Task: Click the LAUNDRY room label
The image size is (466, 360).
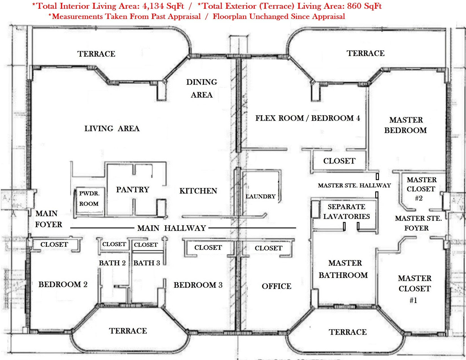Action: click(x=260, y=197)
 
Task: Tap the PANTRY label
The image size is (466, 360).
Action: click(x=133, y=189)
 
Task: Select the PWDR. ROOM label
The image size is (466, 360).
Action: click(x=89, y=198)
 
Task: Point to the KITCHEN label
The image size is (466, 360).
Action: click(x=198, y=191)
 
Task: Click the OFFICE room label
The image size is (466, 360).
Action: click(x=276, y=286)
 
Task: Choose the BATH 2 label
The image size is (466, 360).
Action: click(x=112, y=263)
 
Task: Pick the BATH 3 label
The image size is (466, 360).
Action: click(x=147, y=263)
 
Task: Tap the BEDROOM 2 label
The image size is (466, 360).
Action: click(x=63, y=284)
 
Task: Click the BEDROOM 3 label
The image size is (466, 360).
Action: click(x=198, y=285)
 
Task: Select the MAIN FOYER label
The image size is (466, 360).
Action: click(x=49, y=219)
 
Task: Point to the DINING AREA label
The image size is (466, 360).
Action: click(x=202, y=88)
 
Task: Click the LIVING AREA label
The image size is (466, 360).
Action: click(x=112, y=128)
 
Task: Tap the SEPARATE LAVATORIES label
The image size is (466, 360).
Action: click(x=347, y=211)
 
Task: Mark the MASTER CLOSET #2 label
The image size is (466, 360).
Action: click(x=421, y=189)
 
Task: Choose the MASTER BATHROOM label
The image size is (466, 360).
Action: click(x=343, y=269)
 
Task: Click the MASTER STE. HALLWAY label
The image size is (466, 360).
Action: click(x=354, y=186)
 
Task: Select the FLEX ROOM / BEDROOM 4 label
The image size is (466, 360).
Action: click(x=308, y=118)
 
